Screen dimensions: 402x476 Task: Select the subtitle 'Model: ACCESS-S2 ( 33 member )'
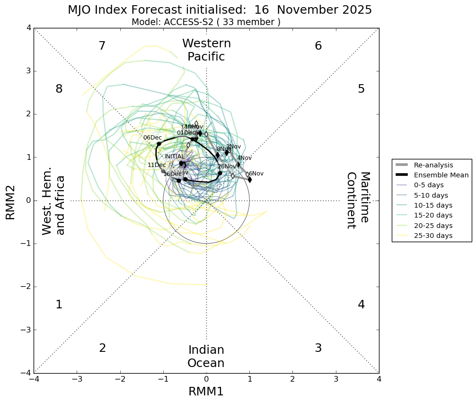tap(206, 22)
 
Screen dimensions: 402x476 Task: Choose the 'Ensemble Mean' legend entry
tap(440, 175)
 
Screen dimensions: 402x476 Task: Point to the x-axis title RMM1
tap(206, 392)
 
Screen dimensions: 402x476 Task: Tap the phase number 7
tap(102, 46)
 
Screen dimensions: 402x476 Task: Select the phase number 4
tap(361, 305)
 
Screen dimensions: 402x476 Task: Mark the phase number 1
tap(59, 305)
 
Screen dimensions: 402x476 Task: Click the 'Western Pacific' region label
tap(206, 50)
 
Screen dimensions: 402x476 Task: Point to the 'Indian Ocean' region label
tap(206, 357)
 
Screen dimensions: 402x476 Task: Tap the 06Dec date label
tap(152, 138)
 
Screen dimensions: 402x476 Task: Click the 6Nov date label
tap(256, 174)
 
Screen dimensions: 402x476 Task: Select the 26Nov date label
tap(227, 166)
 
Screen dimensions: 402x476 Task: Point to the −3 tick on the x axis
tap(77, 379)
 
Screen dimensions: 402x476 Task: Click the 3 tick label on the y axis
tap(28, 71)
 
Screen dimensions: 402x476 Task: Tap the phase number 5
tap(361, 89)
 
